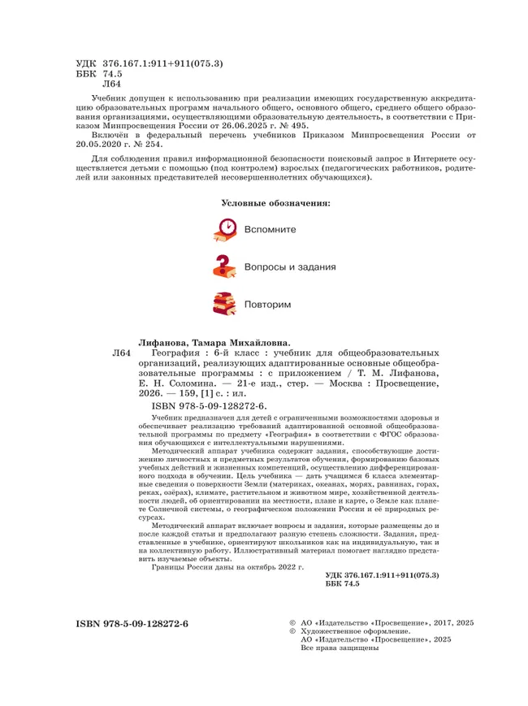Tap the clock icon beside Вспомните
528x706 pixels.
(226, 230)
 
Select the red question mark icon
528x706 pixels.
(225, 266)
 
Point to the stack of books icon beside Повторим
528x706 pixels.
(225, 303)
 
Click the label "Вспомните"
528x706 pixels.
(270, 230)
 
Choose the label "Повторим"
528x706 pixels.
(267, 303)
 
